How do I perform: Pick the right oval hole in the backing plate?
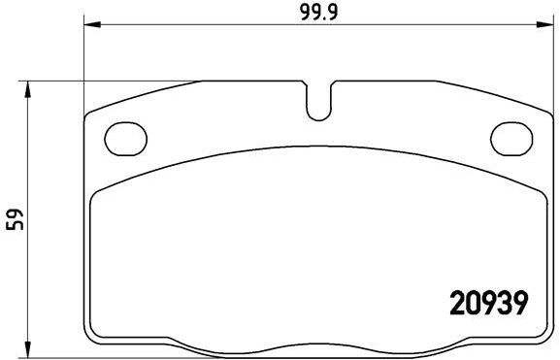point(513,136)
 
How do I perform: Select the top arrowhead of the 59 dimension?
point(29,88)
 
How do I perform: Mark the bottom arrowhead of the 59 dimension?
point(29,347)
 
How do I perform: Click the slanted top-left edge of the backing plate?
point(146,95)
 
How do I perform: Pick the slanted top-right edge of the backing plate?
point(485,94)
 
